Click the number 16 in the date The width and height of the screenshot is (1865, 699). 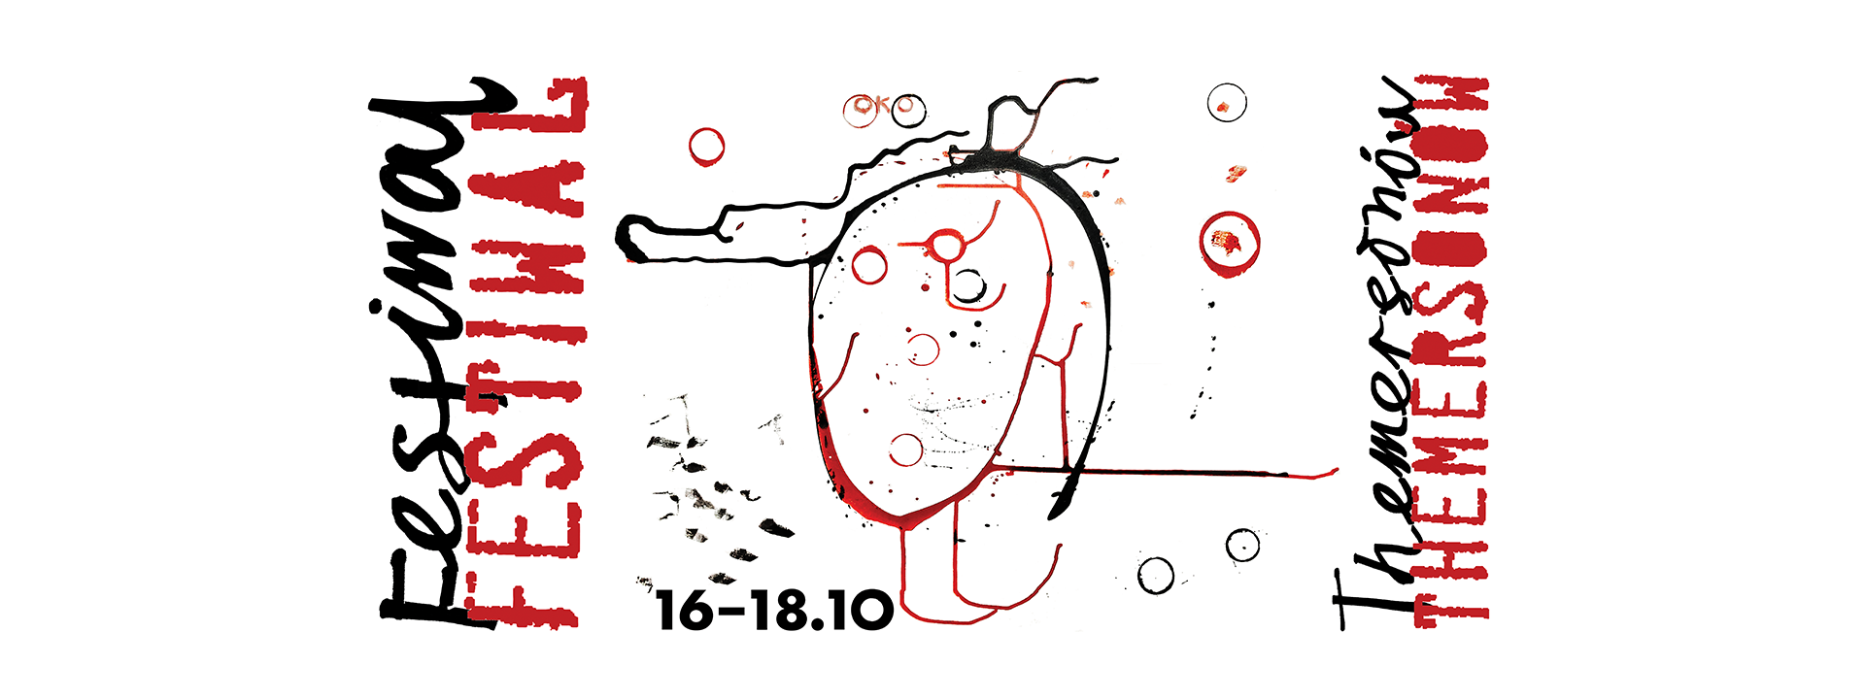(685, 610)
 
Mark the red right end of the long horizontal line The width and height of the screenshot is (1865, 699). (1337, 471)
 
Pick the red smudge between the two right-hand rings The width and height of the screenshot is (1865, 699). (1236, 174)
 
